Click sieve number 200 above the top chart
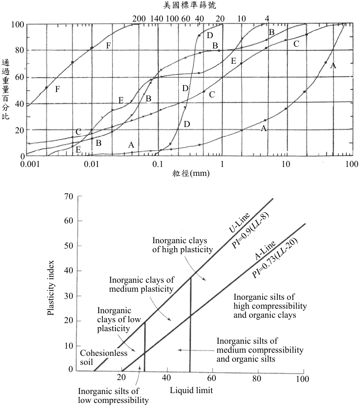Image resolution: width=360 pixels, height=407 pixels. (139, 19)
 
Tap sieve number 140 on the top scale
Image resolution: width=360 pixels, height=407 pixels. (157, 19)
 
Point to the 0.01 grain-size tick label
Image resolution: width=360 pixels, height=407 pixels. (92, 164)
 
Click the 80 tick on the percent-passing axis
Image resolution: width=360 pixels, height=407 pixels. (19, 50)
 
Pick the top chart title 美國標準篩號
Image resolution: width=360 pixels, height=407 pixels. (189, 5)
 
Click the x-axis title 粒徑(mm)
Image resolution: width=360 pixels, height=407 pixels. (191, 173)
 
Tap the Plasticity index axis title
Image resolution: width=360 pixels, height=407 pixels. (51, 288)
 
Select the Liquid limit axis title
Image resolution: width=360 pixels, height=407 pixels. (191, 390)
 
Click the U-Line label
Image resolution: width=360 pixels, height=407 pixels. (239, 223)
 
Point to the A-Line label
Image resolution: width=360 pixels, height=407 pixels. (265, 250)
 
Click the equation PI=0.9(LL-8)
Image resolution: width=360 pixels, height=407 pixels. (250, 231)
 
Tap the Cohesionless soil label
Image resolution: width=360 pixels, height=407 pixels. (104, 358)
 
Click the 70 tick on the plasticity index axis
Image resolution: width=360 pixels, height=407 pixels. (69, 196)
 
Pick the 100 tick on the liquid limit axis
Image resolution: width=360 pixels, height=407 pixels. (303, 379)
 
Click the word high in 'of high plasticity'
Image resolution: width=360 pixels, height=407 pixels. (171, 249)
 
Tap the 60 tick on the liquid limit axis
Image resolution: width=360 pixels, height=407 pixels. (212, 378)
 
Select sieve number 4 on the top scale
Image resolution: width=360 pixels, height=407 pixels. (267, 19)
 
